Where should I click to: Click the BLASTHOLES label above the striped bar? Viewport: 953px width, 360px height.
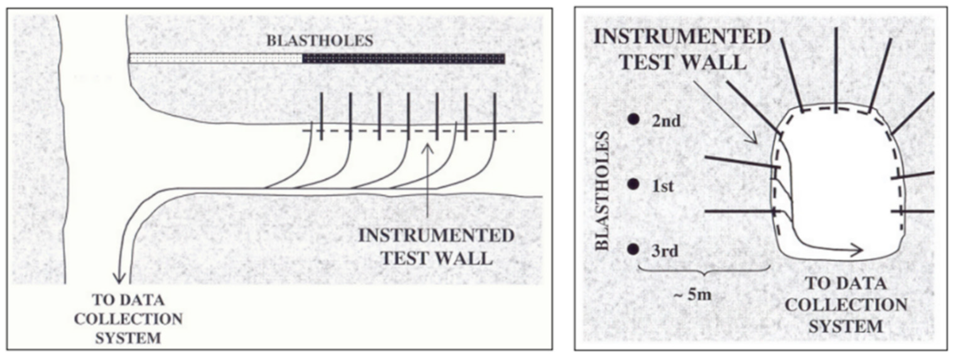[x=320, y=41]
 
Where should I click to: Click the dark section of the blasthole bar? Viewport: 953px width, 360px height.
[x=403, y=59]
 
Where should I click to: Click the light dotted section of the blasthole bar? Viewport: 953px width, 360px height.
[x=216, y=59]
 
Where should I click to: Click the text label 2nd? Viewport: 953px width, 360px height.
[x=666, y=121]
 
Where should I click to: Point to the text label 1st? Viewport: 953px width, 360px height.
[x=663, y=186]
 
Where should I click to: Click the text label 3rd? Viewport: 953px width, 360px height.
[x=664, y=252]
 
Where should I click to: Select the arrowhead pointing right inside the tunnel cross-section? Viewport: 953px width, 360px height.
[x=858, y=250]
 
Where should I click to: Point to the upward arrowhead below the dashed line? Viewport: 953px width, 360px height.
[x=428, y=149]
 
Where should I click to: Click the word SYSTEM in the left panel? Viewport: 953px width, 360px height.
[x=128, y=338]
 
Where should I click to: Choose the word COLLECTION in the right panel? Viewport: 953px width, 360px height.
[x=846, y=305]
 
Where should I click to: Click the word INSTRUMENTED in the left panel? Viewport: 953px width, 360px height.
[x=436, y=236]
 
